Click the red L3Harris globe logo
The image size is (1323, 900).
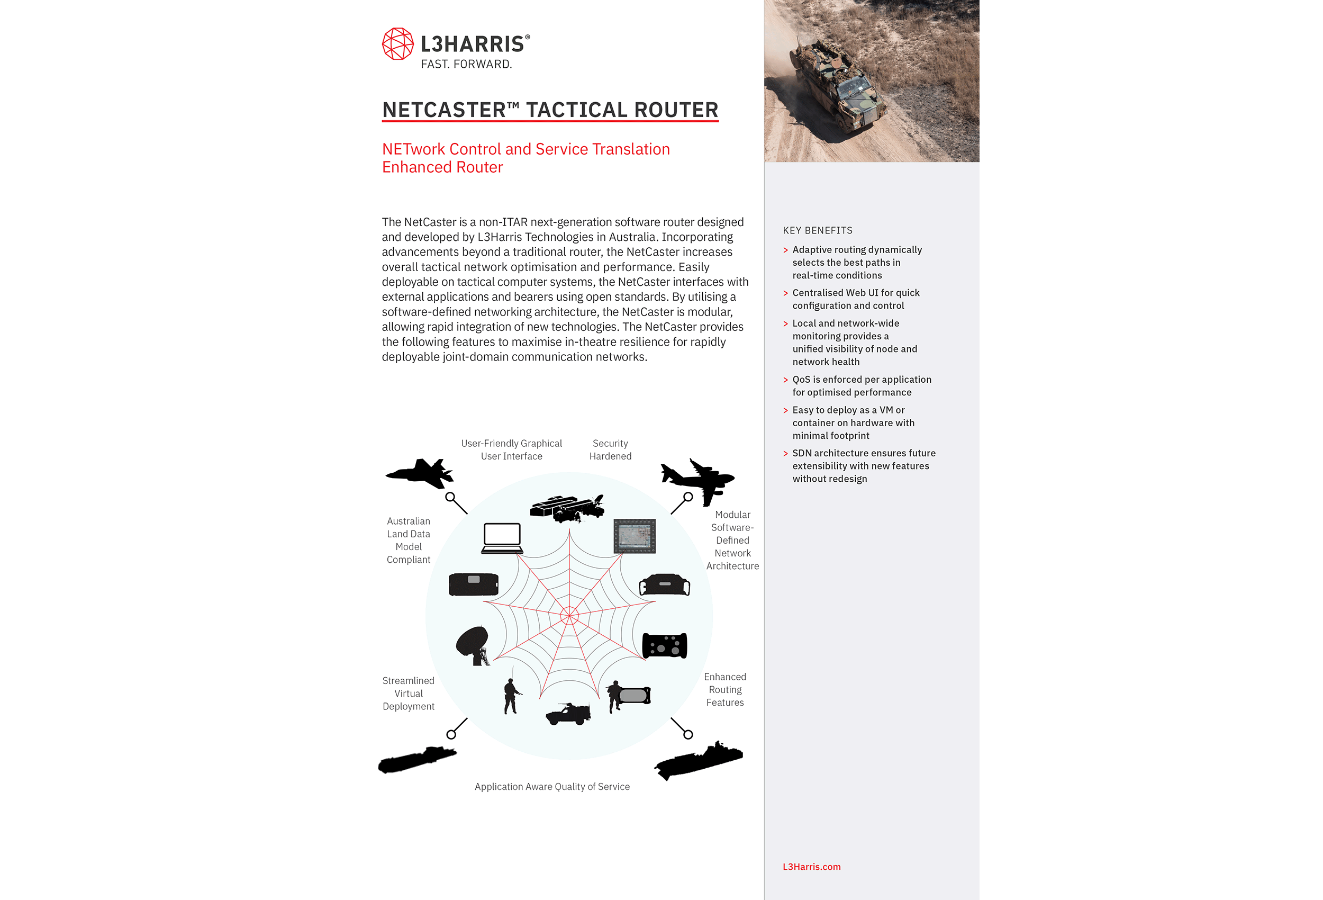coord(397,44)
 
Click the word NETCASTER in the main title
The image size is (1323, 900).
coord(443,110)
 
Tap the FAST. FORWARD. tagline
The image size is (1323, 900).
coord(466,65)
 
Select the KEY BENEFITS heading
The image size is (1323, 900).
coord(818,231)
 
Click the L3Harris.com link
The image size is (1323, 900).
coord(811,867)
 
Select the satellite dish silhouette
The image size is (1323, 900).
coord(473,645)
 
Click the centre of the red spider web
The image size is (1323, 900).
coord(569,616)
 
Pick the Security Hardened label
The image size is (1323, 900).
coord(610,450)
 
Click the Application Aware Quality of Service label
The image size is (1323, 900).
coord(552,787)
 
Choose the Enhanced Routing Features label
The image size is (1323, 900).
coord(724,690)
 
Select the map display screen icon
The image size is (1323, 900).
coord(635,536)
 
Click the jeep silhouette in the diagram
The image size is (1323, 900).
coord(568,714)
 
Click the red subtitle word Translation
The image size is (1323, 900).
coord(631,149)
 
